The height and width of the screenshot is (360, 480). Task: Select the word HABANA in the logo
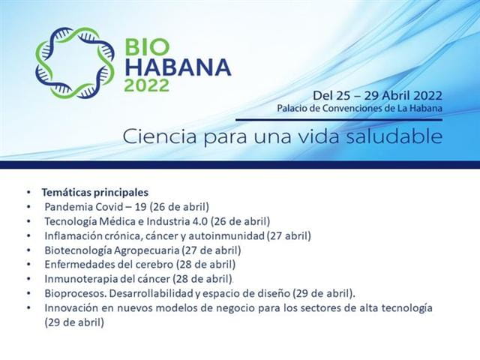coord(178,67)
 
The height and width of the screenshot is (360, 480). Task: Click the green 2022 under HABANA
coord(147,85)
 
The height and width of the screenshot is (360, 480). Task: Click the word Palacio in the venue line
coord(291,108)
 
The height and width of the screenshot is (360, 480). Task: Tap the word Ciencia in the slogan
coord(160,136)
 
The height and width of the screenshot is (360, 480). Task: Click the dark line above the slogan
coord(339,120)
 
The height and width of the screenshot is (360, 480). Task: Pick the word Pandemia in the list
coord(69,207)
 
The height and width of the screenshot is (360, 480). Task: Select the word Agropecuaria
coord(147,250)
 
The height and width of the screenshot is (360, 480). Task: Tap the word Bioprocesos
coord(75,293)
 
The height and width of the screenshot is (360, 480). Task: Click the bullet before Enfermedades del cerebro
coord(28,265)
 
